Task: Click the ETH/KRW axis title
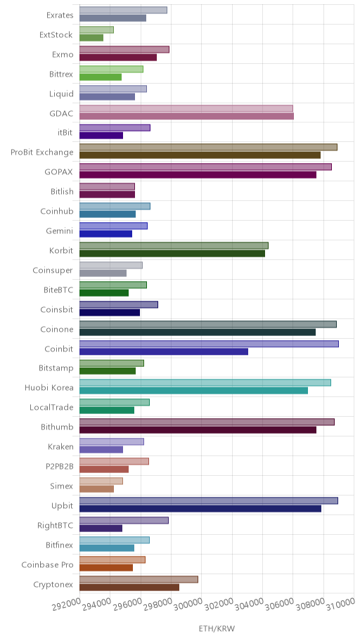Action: click(x=217, y=628)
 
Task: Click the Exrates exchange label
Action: click(x=60, y=15)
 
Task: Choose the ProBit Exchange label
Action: click(x=42, y=153)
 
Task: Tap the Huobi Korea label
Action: click(x=49, y=387)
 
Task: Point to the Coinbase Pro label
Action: click(x=47, y=564)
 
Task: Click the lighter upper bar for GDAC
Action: click(x=186, y=108)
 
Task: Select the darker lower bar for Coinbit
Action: click(x=164, y=351)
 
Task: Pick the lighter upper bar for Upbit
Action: click(x=209, y=500)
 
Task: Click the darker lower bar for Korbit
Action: click(x=172, y=254)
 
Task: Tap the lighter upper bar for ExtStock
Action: click(x=96, y=30)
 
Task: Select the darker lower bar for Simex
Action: click(x=96, y=489)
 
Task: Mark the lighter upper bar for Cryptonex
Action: click(x=139, y=579)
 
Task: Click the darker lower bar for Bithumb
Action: click(x=198, y=430)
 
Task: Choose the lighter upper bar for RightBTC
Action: click(x=124, y=520)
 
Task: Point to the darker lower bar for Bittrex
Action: click(x=101, y=77)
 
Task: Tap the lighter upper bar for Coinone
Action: click(x=208, y=324)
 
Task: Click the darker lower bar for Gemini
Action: click(x=105, y=234)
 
